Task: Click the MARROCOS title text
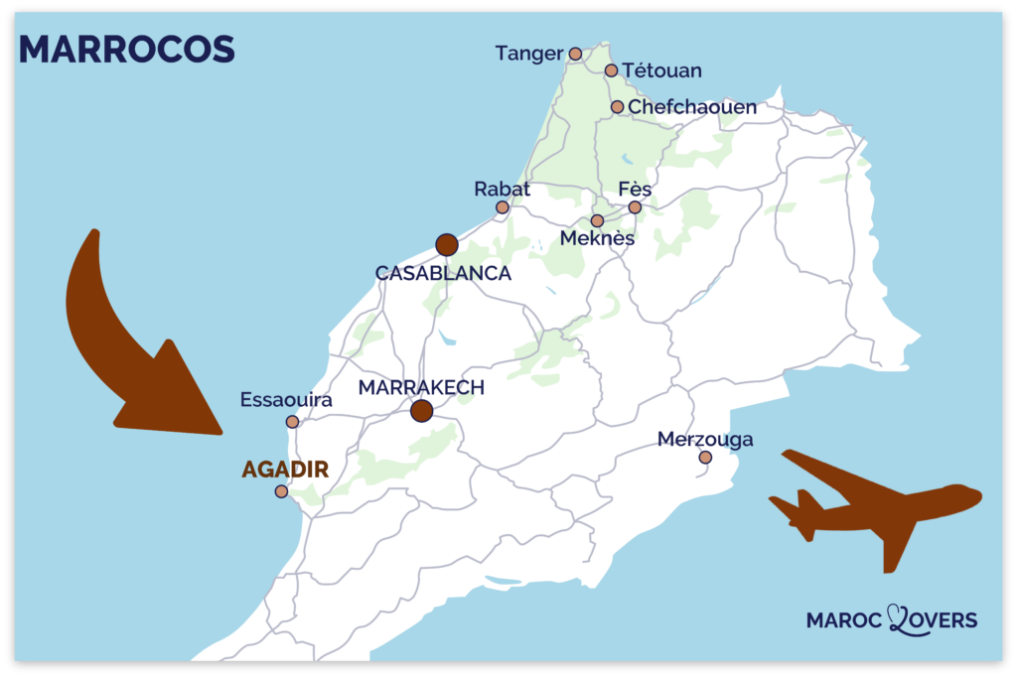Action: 126,49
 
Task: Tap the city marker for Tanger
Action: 575,54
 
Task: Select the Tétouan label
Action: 662,70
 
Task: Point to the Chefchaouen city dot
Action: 617,107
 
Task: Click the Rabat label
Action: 502,188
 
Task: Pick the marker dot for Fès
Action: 635,207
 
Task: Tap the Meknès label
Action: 597,239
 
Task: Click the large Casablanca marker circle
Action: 446,244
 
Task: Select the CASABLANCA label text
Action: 443,273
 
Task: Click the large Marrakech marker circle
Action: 422,410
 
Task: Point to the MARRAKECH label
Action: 421,387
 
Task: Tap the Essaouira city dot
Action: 292,422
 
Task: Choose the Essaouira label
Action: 286,400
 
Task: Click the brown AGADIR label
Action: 285,470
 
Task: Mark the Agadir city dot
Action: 282,491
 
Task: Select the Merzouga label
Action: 705,439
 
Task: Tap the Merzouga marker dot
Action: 705,458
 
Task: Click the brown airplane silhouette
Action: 874,506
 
